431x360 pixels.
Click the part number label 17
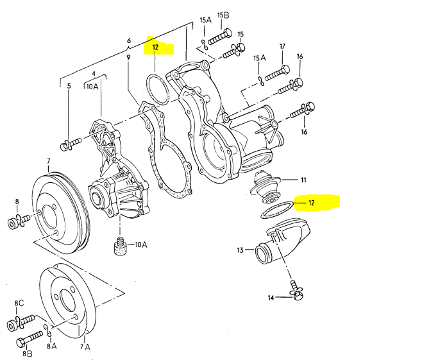click(x=282, y=47)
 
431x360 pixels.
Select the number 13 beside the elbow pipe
click(x=241, y=250)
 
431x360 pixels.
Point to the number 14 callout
click(x=271, y=298)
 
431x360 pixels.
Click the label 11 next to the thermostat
click(x=303, y=180)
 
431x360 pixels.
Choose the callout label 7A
click(x=85, y=348)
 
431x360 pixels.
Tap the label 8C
click(x=19, y=303)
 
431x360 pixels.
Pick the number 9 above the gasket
click(x=128, y=58)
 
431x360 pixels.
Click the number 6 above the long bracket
click(x=129, y=40)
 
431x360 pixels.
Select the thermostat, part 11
click(x=264, y=185)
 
